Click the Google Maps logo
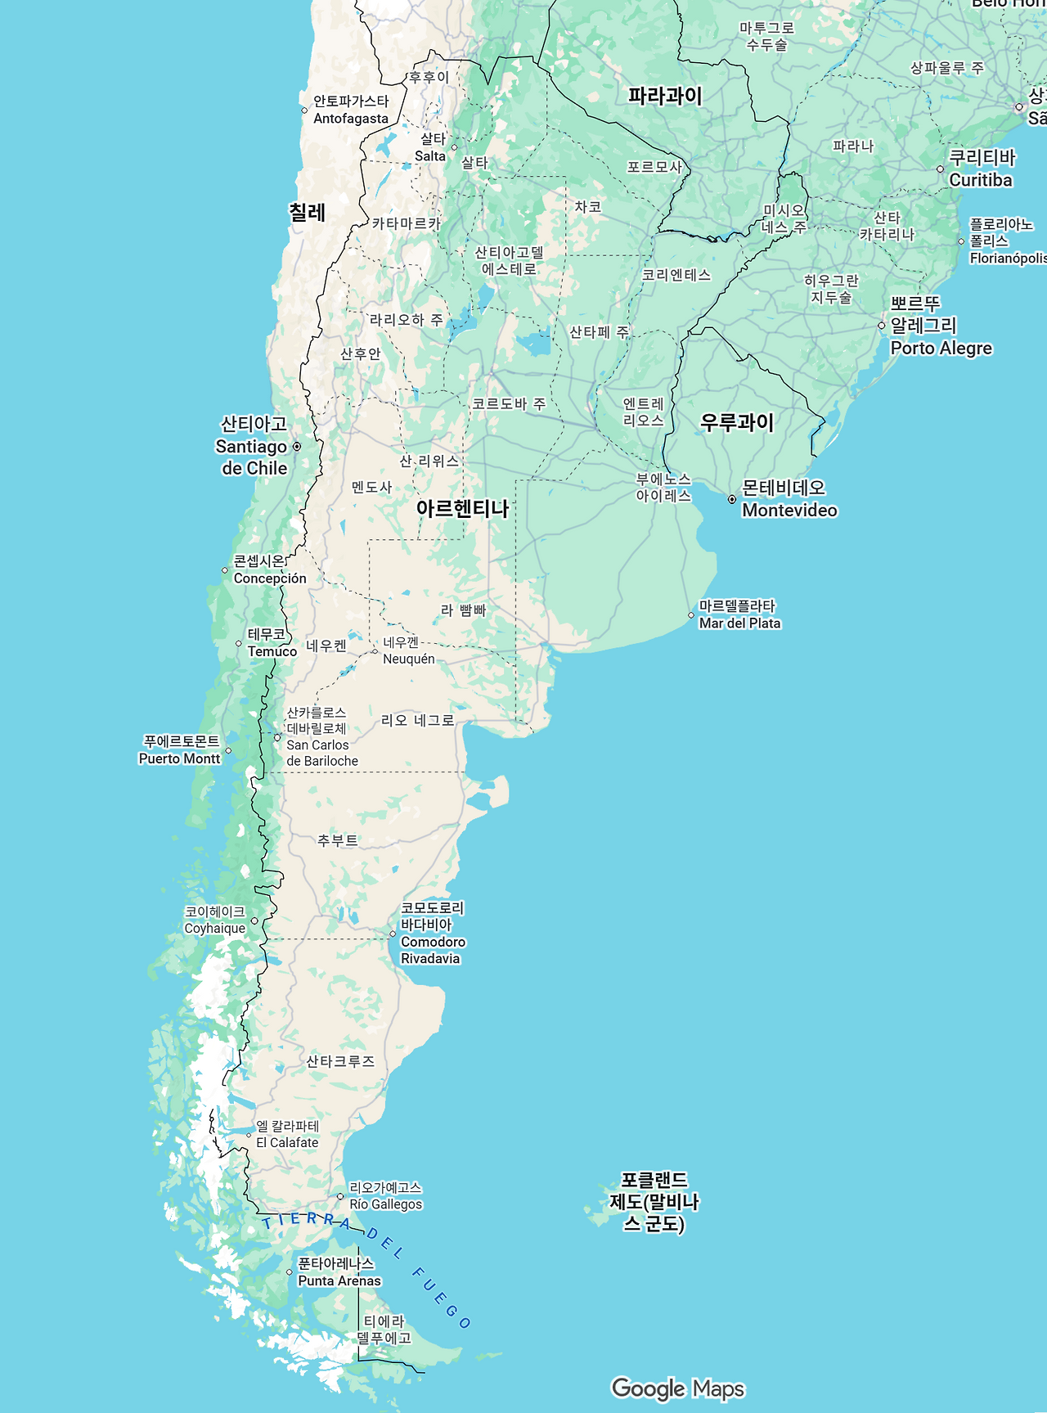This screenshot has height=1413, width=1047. [678, 1388]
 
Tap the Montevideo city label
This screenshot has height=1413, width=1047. [789, 499]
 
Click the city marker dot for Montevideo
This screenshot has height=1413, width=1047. [732, 499]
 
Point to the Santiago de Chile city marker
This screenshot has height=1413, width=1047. [297, 447]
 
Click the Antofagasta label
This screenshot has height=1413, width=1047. [351, 110]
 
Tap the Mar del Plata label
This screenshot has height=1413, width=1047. [739, 614]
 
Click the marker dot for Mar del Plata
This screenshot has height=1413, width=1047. [691, 615]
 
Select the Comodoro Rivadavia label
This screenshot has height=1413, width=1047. [432, 934]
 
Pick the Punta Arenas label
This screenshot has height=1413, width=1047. [339, 1272]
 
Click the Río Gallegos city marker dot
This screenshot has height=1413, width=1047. [340, 1196]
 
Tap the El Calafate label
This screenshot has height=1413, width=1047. [287, 1135]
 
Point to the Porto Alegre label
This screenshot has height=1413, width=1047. [941, 326]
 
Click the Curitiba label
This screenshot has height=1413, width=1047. [981, 169]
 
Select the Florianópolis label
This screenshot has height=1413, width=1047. [1006, 241]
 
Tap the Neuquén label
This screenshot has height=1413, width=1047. [408, 651]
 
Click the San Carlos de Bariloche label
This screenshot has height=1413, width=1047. [321, 737]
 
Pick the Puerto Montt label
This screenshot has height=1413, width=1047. [180, 750]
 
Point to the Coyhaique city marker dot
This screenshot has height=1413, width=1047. [254, 921]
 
